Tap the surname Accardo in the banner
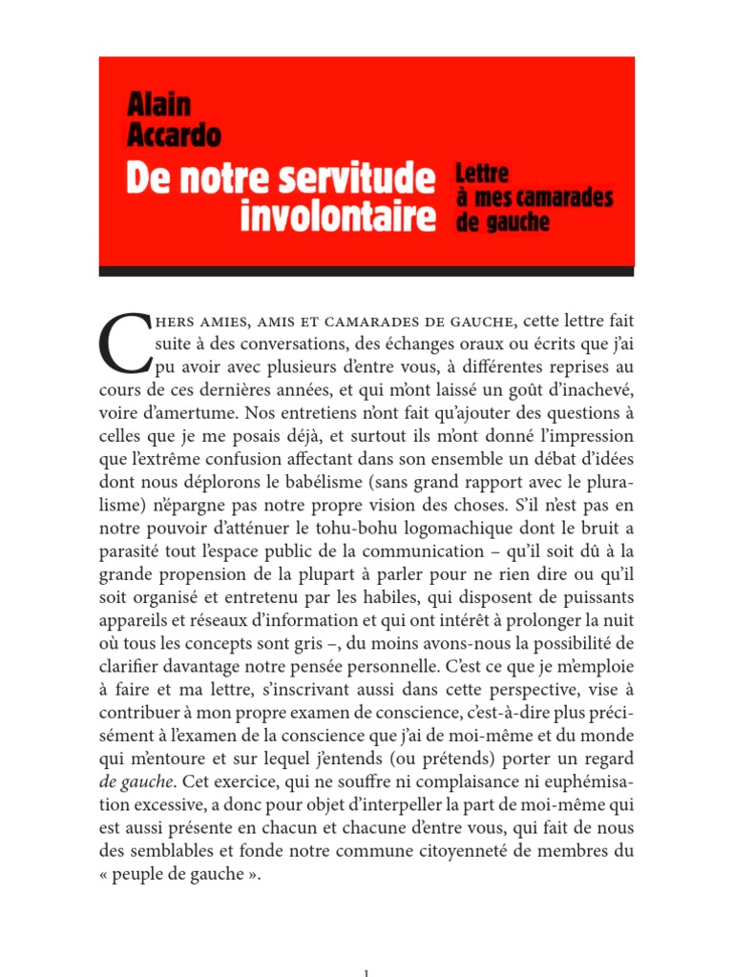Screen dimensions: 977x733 (x=174, y=135)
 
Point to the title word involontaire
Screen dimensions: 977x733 (x=337, y=217)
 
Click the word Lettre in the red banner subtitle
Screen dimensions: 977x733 (x=483, y=174)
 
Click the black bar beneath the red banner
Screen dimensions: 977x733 (x=366, y=271)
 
